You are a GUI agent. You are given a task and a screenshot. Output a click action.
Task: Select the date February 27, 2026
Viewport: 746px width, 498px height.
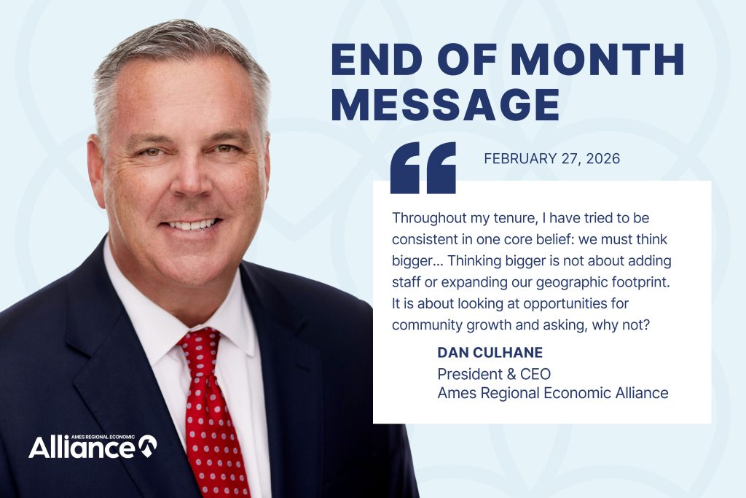click(x=552, y=158)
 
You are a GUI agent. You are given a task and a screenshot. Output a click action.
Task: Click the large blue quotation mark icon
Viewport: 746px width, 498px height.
click(x=423, y=167)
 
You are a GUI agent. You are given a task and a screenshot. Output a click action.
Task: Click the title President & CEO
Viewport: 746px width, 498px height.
click(x=493, y=374)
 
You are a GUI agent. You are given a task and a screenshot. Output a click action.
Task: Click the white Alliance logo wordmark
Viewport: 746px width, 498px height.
click(x=82, y=447)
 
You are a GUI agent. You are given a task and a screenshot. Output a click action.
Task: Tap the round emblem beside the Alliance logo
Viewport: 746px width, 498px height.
click(x=148, y=445)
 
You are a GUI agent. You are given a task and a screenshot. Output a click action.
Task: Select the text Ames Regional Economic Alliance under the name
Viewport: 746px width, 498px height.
click(x=552, y=393)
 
